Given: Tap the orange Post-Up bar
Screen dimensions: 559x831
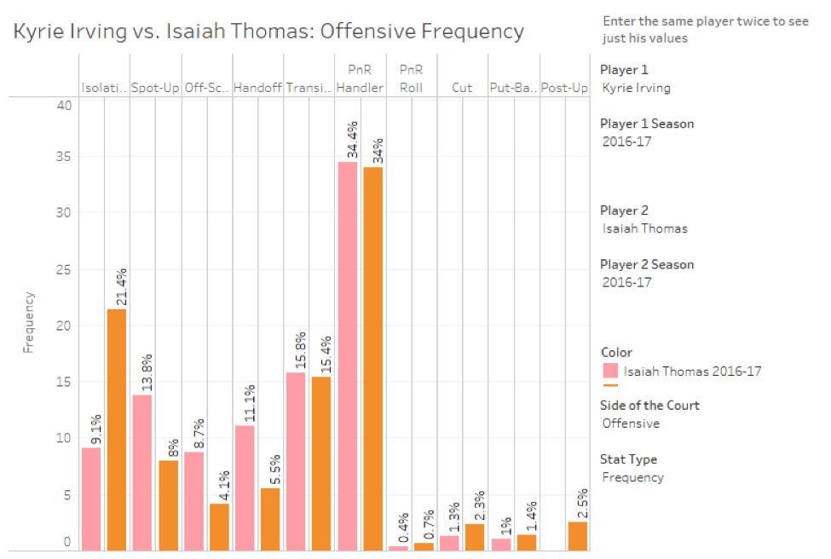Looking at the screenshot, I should pos(577,536).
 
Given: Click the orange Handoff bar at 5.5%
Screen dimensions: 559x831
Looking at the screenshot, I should pos(270,519).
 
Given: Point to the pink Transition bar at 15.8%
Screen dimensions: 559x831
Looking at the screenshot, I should pos(296,461).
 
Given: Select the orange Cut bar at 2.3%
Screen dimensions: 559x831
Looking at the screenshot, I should pos(475,537).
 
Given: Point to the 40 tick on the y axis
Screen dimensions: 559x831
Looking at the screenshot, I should pos(65,105).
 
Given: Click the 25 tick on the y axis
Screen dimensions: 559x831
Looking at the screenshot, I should pos(65,270).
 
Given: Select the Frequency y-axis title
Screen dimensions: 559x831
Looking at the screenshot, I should pos(29,323).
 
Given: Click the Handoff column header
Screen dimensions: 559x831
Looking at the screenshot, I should pos(257,88).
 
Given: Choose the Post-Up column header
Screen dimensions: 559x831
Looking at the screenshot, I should pos(564,88).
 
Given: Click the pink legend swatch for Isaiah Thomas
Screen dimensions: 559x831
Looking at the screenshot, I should pos(610,371).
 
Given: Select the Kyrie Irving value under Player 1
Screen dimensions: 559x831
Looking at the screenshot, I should pos(636,87).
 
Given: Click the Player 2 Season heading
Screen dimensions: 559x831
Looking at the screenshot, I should pos(647,264).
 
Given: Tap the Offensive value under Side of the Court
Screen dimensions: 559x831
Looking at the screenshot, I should pos(631,423).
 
